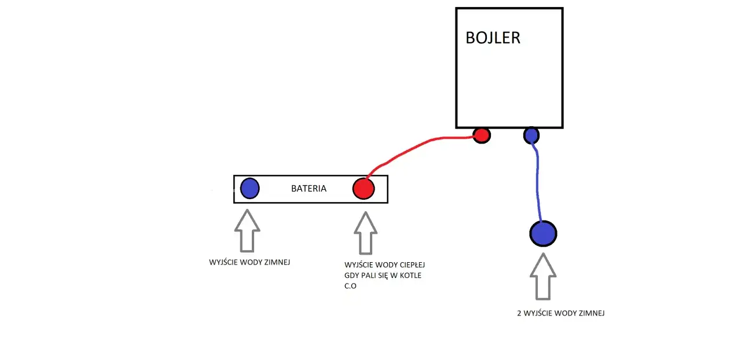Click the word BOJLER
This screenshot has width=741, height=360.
pyautogui.click(x=493, y=38)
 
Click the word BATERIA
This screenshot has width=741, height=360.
pyautogui.click(x=309, y=189)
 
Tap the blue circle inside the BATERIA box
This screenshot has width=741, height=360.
pyautogui.click(x=250, y=188)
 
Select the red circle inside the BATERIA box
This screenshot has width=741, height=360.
pyautogui.click(x=364, y=189)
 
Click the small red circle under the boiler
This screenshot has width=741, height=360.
pyautogui.click(x=481, y=135)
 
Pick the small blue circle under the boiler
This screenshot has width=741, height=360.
pyautogui.click(x=531, y=135)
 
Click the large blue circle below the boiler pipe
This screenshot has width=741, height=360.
pyautogui.click(x=543, y=233)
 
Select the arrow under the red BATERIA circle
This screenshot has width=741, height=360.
pyautogui.click(x=365, y=233)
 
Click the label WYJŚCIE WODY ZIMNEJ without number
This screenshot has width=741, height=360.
pyautogui.click(x=250, y=262)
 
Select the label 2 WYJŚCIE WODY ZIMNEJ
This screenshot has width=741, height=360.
pyautogui.click(x=560, y=313)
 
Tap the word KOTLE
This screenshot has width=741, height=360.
pyautogui.click(x=410, y=275)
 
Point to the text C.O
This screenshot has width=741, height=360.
pyautogui.click(x=350, y=286)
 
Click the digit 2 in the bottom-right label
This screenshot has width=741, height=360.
pyautogui.click(x=519, y=313)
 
